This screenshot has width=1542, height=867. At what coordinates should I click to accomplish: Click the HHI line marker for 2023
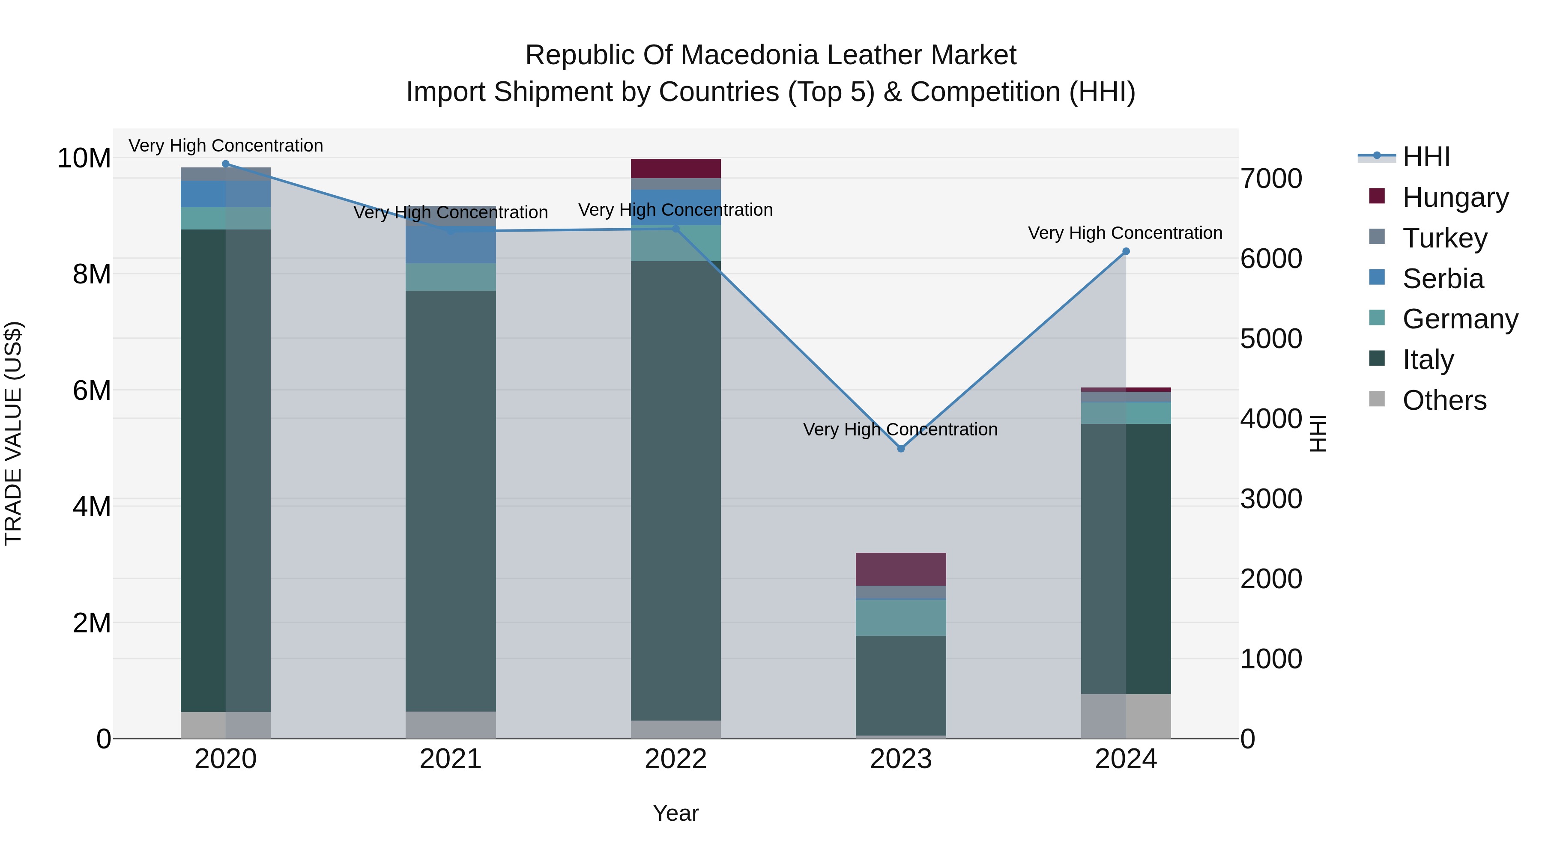[x=900, y=448]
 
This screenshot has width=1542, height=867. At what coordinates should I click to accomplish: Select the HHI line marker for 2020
[x=226, y=164]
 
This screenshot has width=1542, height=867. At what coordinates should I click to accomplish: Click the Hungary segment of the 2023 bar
[x=900, y=569]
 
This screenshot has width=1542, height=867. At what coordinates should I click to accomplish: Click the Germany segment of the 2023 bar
[x=900, y=617]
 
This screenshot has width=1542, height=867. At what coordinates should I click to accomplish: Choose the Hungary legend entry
[x=1455, y=197]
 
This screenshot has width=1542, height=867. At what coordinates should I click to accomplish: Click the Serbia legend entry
[x=1443, y=278]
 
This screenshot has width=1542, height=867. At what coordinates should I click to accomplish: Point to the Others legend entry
[x=1444, y=400]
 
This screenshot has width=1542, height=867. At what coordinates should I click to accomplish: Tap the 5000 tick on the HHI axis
[x=1271, y=339]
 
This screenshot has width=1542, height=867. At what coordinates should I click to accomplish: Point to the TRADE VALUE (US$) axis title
[x=14, y=433]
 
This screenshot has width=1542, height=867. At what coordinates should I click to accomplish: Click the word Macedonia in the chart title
[x=753, y=55]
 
